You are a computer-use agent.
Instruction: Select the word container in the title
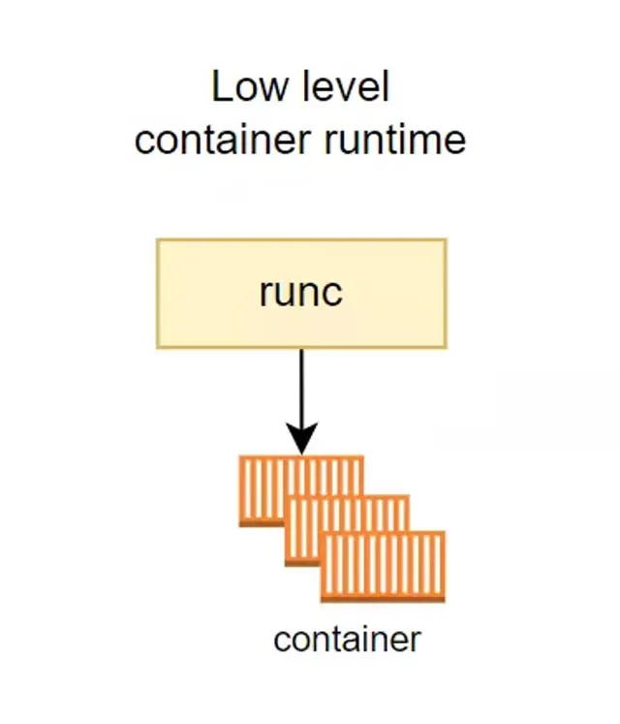223,140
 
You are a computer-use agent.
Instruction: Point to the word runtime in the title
395,140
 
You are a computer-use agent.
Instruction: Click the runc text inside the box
301,293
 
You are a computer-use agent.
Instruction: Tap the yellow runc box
301,294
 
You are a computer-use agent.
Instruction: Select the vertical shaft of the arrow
302,387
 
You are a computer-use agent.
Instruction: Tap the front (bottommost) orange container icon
384,567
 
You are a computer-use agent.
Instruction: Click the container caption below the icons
347,640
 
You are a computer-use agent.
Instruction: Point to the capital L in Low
221,86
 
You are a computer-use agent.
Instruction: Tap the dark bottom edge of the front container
384,599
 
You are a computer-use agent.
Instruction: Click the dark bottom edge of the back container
262,523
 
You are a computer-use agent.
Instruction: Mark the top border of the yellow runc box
301,239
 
